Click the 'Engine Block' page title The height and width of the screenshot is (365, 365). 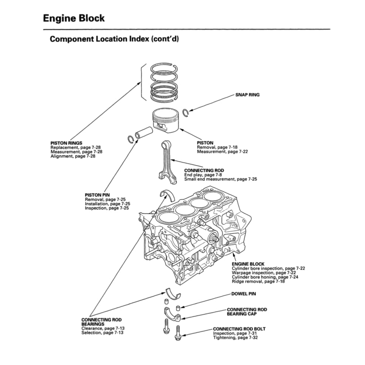point(74,18)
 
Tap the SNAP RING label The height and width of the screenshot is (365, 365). point(247,95)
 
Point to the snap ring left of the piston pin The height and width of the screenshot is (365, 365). point(131,138)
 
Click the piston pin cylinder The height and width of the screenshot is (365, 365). point(144,132)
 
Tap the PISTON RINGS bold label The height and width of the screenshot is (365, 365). point(66,143)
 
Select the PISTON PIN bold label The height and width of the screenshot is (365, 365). point(97,195)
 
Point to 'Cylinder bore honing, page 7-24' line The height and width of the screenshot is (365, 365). point(265,277)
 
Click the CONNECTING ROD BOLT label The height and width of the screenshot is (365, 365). point(239,329)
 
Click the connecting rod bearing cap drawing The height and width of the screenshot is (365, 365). point(172,314)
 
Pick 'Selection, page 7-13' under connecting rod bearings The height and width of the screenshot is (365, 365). point(102,333)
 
